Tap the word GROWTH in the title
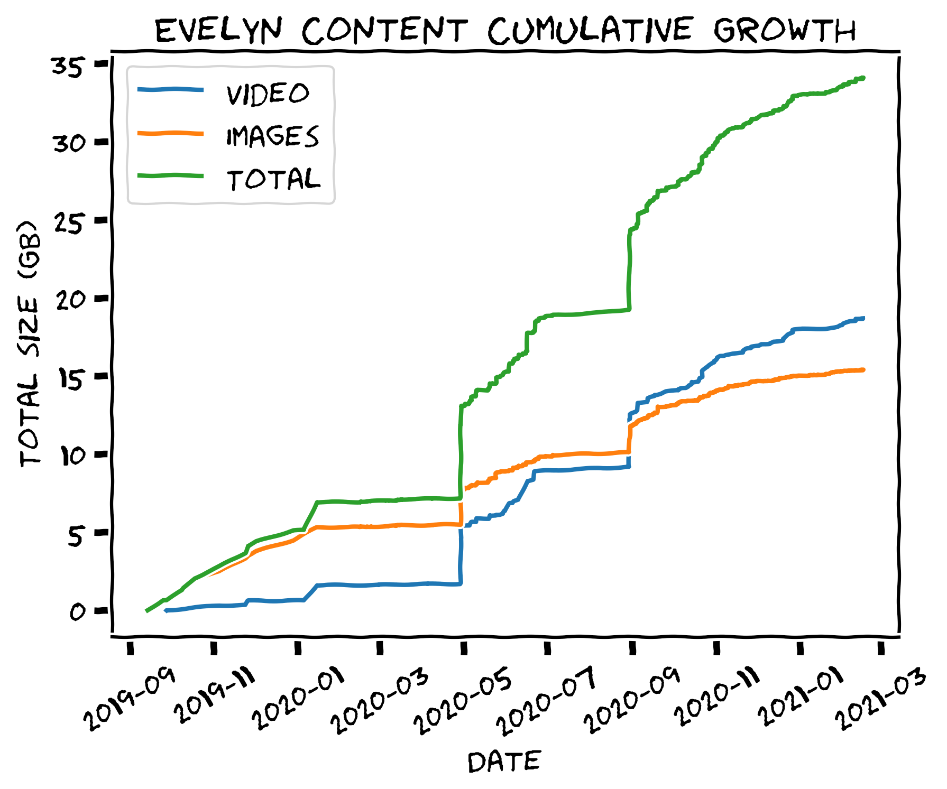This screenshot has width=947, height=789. (x=784, y=31)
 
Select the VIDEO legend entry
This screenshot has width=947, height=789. (x=268, y=94)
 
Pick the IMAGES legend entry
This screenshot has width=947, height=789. (x=272, y=136)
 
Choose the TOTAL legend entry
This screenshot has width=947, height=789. (x=273, y=179)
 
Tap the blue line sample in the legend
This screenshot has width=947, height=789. (x=170, y=90)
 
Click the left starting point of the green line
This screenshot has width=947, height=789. (x=147, y=611)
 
